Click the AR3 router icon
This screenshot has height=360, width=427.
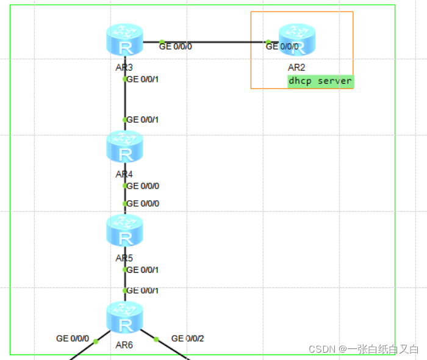(x=125, y=41)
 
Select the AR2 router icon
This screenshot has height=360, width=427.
(x=297, y=41)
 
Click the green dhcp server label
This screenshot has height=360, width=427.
(x=320, y=81)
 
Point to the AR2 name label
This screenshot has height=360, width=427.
(x=296, y=68)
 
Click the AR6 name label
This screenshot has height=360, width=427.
(x=125, y=344)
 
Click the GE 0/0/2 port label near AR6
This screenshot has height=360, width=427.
(x=188, y=338)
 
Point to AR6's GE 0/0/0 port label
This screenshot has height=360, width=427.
(x=73, y=338)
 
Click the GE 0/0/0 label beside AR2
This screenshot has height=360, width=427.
(x=283, y=46)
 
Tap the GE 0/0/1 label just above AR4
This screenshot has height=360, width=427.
(x=142, y=120)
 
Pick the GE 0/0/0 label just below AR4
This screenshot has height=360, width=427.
(x=142, y=185)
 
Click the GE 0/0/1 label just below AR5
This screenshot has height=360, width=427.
(x=142, y=269)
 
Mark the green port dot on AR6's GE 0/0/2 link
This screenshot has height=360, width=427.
(x=156, y=339)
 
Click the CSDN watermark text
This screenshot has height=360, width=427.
(x=363, y=349)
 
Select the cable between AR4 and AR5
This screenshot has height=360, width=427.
(x=125, y=195)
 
